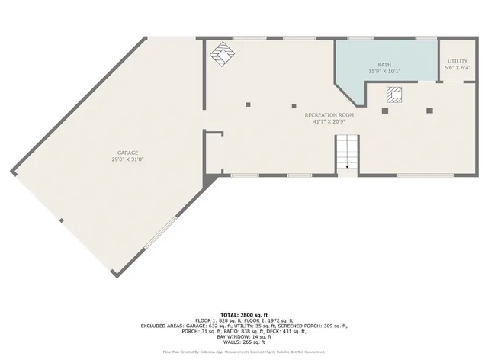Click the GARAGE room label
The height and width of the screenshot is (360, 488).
point(127,153)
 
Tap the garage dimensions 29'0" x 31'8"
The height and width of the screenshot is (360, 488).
point(127,159)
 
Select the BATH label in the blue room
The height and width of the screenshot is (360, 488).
point(384,65)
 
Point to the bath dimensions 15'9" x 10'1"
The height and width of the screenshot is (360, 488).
point(384,72)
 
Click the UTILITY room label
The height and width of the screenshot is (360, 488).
point(457,61)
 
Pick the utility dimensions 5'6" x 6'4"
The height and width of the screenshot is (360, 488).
point(457,68)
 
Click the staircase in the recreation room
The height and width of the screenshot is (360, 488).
point(348,153)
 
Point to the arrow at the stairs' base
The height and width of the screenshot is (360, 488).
point(348,166)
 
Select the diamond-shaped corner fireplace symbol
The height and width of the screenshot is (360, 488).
point(222,55)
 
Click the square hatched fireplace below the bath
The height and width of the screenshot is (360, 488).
point(394,95)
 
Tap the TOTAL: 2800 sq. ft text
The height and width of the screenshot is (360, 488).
point(243,314)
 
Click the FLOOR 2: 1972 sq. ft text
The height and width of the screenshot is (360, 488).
point(269,320)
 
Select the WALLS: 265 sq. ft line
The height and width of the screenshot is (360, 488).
point(243,342)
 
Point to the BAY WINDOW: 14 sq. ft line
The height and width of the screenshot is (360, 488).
point(243,336)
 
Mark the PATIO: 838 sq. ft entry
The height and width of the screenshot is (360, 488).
point(251,331)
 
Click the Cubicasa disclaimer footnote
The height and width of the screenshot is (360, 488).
point(243,352)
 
